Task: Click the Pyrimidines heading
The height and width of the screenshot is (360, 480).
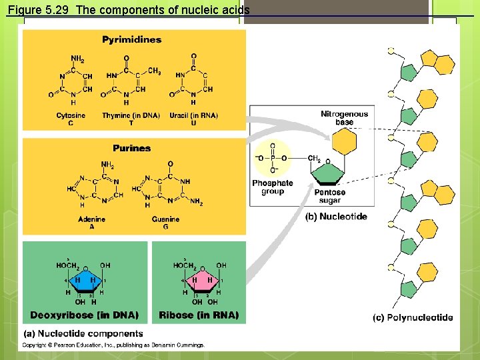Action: click(x=131, y=40)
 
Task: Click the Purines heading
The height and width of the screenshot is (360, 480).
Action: click(x=131, y=148)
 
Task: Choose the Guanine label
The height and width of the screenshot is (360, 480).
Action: click(x=165, y=219)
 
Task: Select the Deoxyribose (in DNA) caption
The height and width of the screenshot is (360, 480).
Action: click(x=85, y=315)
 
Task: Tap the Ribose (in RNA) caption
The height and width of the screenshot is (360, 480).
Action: click(x=199, y=315)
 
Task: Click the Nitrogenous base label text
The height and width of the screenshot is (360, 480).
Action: click(x=344, y=118)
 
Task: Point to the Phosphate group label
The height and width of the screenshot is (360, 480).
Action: click(x=272, y=187)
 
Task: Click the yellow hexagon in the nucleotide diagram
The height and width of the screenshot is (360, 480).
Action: click(x=344, y=142)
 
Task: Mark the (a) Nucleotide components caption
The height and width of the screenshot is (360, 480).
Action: click(x=83, y=333)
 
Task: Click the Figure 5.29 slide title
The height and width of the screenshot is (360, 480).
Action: click(x=129, y=10)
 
